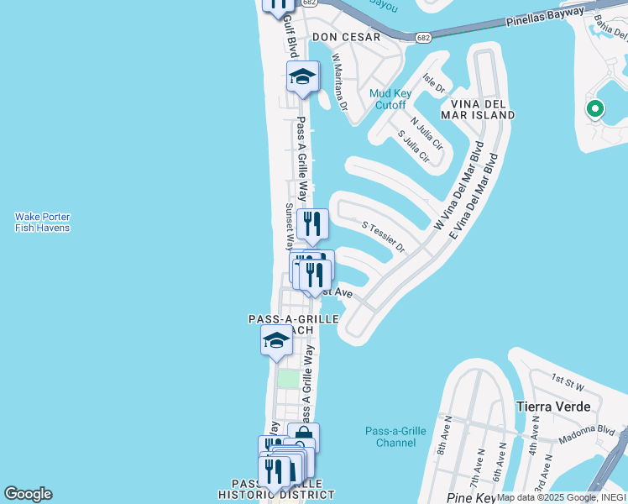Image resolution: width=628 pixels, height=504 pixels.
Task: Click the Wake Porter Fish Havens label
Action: pos(42,222)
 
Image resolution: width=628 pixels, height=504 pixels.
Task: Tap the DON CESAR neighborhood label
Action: pos(346,37)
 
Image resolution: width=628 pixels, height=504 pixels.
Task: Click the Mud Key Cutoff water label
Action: pos(388,99)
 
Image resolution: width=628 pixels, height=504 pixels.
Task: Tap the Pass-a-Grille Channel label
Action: pos(395,437)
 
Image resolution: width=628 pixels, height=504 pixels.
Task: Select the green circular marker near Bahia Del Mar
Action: pos(594,108)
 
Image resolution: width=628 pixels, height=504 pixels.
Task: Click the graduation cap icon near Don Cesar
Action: pos(302,77)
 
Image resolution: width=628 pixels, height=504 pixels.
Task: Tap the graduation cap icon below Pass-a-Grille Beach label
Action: pos(275,341)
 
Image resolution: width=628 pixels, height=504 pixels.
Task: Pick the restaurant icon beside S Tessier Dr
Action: pos(312,223)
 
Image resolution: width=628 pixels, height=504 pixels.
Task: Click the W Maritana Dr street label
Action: pos(339,82)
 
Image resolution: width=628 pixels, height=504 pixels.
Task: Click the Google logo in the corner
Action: pos(28,494)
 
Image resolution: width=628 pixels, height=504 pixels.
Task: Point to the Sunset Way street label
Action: pos(288,227)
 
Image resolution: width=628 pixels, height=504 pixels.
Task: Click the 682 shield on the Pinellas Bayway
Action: pos(423,37)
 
